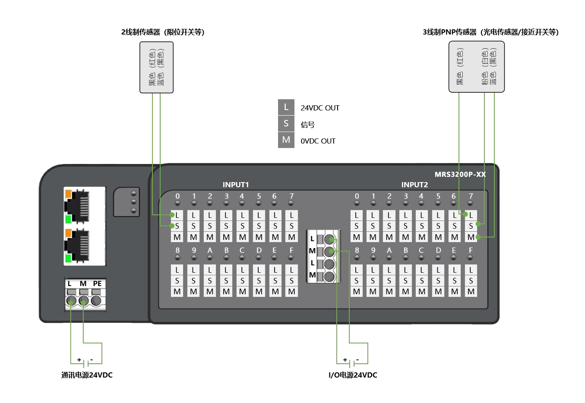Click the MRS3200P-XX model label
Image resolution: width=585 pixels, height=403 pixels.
tap(460, 174)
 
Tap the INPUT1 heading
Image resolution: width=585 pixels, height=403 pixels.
tap(235, 185)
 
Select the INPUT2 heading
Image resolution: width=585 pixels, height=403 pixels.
tap(414, 185)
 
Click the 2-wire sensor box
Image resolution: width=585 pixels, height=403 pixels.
tap(156, 67)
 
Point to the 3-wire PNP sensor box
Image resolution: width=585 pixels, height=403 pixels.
tap(476, 67)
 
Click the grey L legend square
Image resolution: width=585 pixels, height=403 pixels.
tap(286, 107)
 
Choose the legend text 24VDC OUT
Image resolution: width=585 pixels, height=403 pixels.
tap(320, 108)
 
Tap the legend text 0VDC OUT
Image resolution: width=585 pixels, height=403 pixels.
tap(318, 141)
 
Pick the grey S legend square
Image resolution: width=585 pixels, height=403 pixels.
tap(286, 123)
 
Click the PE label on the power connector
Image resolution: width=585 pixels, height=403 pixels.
tap(97, 283)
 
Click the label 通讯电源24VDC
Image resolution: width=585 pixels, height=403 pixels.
tap(87, 375)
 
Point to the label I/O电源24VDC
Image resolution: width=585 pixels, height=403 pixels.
tap(353, 375)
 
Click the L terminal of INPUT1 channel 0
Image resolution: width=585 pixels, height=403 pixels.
tap(177, 215)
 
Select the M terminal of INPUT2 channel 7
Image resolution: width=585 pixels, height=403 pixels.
tap(471, 237)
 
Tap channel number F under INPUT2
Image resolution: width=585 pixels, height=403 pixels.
tap(471, 250)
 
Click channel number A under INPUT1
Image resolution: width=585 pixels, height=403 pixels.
tap(210, 250)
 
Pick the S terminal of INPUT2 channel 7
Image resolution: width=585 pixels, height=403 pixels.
tap(471, 226)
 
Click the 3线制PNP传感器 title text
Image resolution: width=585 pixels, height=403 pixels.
tap(490, 32)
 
